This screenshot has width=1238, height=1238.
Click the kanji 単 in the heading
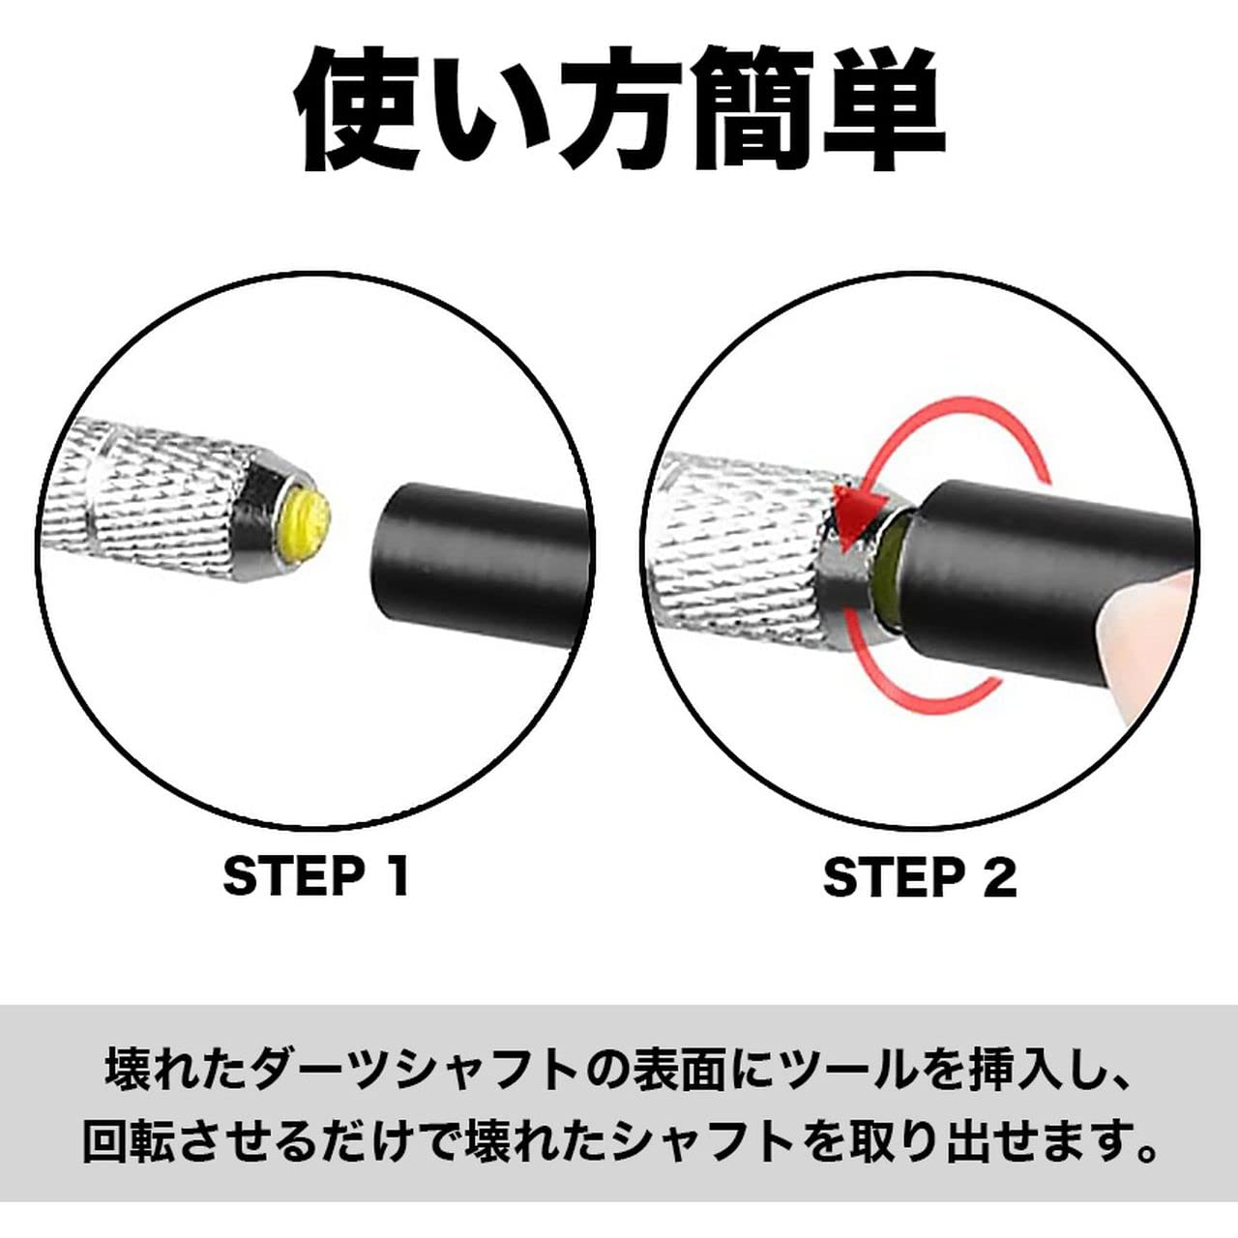885,106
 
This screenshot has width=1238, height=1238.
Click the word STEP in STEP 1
290,876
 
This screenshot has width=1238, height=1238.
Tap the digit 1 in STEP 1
394,876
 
